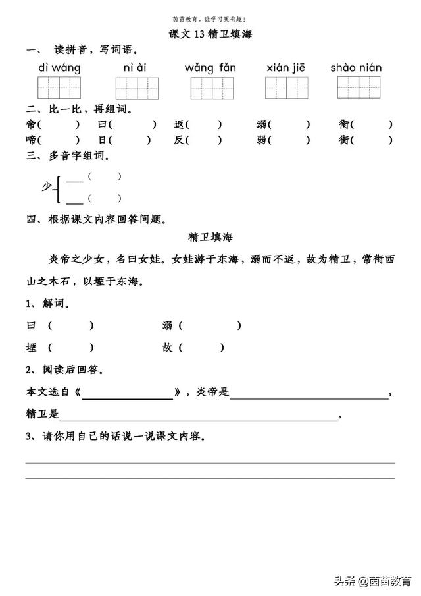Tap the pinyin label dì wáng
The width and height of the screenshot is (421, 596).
60,68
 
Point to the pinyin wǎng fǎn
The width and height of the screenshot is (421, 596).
210,68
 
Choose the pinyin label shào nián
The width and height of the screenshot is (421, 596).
357,68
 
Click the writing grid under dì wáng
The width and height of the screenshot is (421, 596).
59,88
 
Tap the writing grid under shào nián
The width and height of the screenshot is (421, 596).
358,87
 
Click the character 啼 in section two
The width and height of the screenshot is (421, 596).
31,140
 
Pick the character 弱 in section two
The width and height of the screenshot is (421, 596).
262,140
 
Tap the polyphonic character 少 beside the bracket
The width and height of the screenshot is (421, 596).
47,187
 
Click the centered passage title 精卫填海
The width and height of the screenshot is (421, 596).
210,236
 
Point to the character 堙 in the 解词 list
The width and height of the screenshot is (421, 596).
31,348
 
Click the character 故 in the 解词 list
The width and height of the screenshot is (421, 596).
167,348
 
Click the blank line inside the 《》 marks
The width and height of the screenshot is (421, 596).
128,398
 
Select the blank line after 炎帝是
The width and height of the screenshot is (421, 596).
309,398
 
